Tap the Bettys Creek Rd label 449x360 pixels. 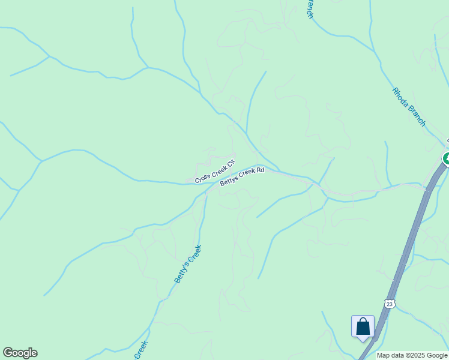[x=242, y=177]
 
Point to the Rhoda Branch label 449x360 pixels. [x=409, y=107]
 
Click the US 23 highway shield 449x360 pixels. [x=390, y=304]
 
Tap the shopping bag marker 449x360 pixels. [x=363, y=326]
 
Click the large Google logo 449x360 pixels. [x=20, y=353]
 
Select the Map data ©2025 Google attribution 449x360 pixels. [x=412, y=355]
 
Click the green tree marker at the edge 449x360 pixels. [x=446, y=158]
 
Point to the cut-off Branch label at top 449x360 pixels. [x=310, y=9]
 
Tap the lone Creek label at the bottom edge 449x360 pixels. [x=141, y=350]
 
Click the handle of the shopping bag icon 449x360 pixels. [x=363, y=322]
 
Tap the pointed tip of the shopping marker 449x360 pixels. [x=363, y=340]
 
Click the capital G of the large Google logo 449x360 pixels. [x=8, y=353]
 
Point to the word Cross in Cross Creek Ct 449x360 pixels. [x=202, y=177]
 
